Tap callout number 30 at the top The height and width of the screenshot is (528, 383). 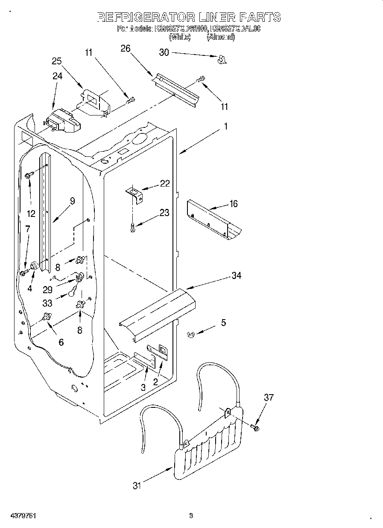click(164, 52)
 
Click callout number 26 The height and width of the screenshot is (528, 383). click(125, 49)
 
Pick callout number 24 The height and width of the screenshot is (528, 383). click(57, 76)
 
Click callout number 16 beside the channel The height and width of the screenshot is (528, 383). click(233, 204)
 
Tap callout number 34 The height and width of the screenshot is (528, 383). click(236, 276)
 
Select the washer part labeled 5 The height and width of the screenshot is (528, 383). click(191, 335)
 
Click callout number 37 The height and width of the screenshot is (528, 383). click(269, 398)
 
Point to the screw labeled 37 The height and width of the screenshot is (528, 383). click(255, 427)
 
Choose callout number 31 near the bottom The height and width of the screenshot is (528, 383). click(136, 485)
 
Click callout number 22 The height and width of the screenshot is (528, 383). click(165, 184)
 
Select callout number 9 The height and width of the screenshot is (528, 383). click(72, 201)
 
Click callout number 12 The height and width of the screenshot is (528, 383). click(31, 214)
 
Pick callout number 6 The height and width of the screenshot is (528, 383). click(61, 342)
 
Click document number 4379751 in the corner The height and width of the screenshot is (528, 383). click(20, 516)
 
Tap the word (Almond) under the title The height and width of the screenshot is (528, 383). click(221, 37)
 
